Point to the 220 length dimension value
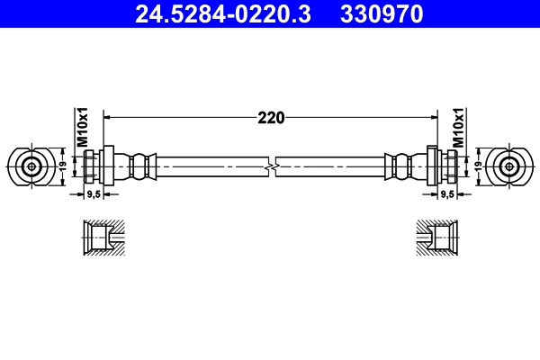click(x=271, y=117)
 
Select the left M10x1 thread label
click(x=80, y=129)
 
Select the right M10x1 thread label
click(x=458, y=129)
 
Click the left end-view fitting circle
click(x=31, y=166)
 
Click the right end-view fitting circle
click(x=510, y=166)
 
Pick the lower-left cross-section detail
click(x=103, y=238)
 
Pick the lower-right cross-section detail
click(x=436, y=238)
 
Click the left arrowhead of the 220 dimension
click(x=110, y=117)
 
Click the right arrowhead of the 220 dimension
click(x=431, y=117)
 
